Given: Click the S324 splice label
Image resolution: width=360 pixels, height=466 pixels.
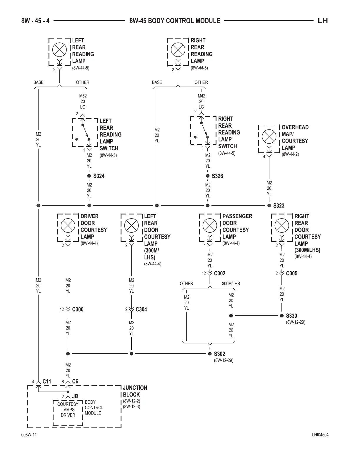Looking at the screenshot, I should tap(99, 176).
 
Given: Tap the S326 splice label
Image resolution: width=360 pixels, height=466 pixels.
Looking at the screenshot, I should tap(217, 176).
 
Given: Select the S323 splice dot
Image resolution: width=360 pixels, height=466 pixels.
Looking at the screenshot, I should tap(269, 206).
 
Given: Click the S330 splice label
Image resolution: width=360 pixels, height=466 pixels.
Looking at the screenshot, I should tap(291, 316).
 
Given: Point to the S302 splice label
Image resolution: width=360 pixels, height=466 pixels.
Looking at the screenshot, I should tap(219, 354).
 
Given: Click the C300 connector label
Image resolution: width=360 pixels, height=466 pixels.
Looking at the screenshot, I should tap(78, 309).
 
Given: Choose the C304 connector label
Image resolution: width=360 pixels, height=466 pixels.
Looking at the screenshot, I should tap(141, 309).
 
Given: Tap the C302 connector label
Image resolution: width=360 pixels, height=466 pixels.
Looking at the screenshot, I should tap(219, 273).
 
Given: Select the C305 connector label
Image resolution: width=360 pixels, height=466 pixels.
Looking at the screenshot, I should tap(291, 273).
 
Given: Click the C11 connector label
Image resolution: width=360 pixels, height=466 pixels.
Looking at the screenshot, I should tap(47, 382).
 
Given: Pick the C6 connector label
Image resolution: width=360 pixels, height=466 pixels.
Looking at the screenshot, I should tap(75, 382).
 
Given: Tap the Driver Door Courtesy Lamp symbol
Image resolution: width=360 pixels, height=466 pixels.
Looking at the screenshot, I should tap(68, 226).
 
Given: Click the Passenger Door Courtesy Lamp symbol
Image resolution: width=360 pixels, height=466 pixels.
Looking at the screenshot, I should tap(210, 226).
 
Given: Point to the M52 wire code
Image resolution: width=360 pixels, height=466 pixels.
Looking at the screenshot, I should tap(83, 96).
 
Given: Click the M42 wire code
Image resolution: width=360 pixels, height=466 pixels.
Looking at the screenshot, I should tap(201, 96).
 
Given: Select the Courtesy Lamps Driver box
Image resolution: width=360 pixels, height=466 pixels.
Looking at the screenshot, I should tap(68, 410).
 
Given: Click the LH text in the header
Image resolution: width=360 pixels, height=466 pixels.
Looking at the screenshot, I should tap(323, 21).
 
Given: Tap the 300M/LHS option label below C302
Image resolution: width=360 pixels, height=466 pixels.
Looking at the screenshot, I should tap(231, 284).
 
